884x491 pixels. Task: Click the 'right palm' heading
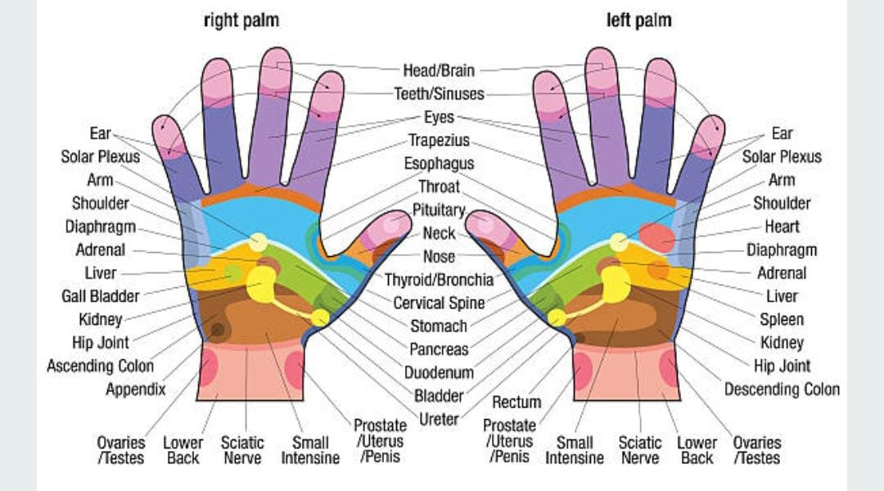[x=241, y=20]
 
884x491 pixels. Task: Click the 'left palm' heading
[x=638, y=20]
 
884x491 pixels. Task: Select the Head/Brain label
[x=438, y=70]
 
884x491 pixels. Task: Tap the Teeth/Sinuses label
[x=439, y=94]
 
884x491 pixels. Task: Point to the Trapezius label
[x=439, y=141]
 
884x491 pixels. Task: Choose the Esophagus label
[x=439, y=164]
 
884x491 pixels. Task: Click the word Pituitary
[x=439, y=210]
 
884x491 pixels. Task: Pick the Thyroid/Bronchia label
[x=439, y=280]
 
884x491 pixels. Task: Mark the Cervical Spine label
[x=439, y=303]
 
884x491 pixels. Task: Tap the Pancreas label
[x=439, y=349]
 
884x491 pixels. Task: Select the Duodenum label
[x=439, y=373]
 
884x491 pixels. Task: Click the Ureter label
[x=439, y=420]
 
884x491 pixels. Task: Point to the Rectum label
[x=516, y=402]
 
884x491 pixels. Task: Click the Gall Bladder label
[x=101, y=295]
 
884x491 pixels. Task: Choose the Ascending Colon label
[x=100, y=366]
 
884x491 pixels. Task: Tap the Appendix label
[x=135, y=390]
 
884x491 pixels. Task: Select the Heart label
[x=782, y=226]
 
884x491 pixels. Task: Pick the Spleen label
[x=782, y=319]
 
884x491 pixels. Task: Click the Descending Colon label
[x=782, y=390]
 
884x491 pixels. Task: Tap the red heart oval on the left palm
[x=656, y=237]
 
